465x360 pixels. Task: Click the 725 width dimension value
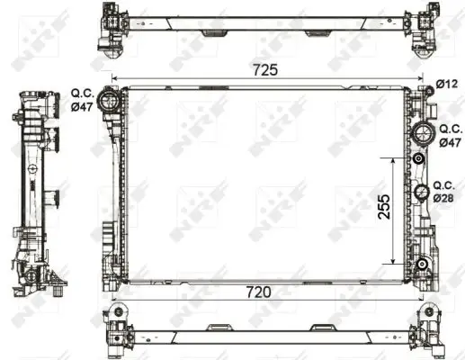coord(265,70)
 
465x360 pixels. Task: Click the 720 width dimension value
coord(258,292)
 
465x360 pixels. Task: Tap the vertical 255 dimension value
coord(384,207)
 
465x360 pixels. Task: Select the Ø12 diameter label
coord(447,85)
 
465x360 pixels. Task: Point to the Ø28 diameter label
coord(443,198)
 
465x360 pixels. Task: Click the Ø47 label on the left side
coord(82,106)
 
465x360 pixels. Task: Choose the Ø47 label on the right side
coord(450,142)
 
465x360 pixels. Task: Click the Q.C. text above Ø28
coord(444,185)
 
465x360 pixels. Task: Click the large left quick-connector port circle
coord(109,100)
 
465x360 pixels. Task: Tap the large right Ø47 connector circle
coord(423,134)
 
